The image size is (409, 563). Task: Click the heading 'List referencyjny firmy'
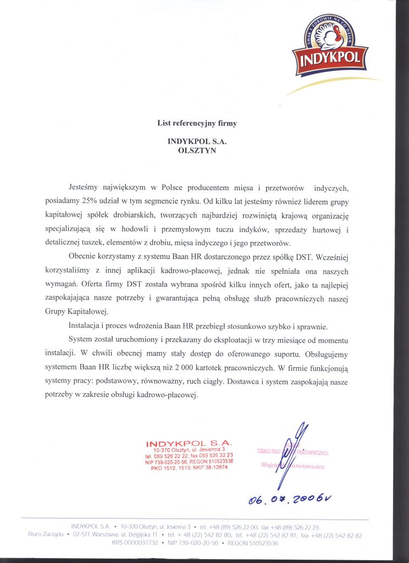pyautogui.click(x=197, y=124)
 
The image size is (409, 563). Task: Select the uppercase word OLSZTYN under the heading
pyautogui.click(x=197, y=151)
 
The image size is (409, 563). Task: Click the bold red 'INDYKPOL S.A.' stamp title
pyautogui.click(x=190, y=443)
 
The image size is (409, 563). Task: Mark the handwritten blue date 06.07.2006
pyautogui.click(x=290, y=499)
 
